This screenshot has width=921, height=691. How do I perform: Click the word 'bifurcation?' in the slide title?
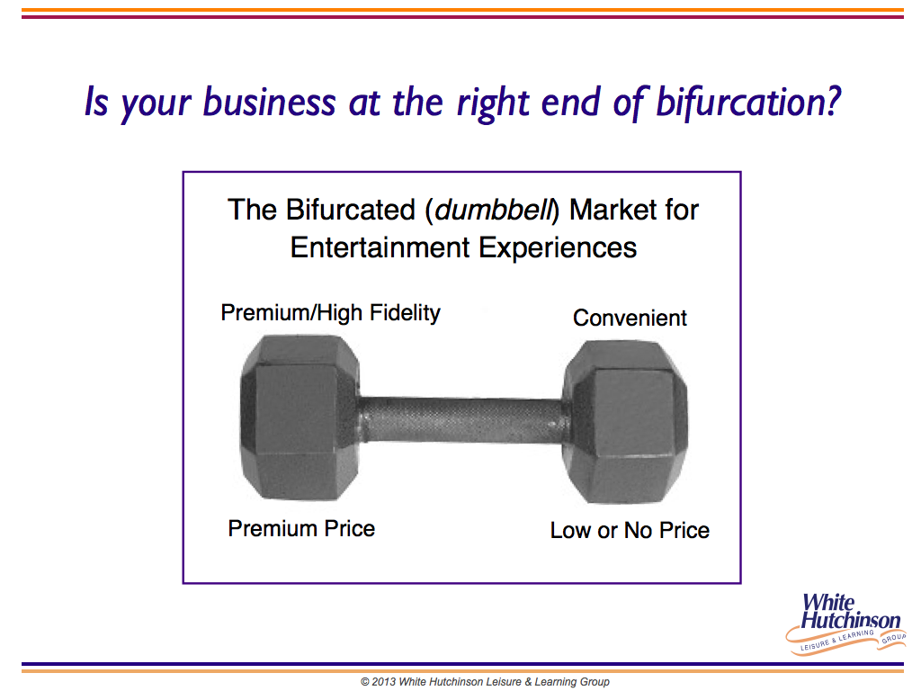pyautogui.click(x=748, y=103)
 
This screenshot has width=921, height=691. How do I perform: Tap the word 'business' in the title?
pyautogui.click(x=270, y=102)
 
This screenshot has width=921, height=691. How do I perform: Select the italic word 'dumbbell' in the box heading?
pyautogui.click(x=494, y=210)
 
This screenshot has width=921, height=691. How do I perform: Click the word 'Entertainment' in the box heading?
pyautogui.click(x=380, y=247)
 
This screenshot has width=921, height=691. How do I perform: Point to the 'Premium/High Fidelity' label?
pyautogui.click(x=331, y=313)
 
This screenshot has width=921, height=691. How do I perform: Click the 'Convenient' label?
pyautogui.click(x=630, y=318)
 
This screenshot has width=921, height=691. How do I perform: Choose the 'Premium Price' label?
pyautogui.click(x=301, y=528)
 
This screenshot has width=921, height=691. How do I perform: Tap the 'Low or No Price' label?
pyautogui.click(x=630, y=530)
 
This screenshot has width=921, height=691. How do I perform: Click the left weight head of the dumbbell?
pyautogui.click(x=300, y=417)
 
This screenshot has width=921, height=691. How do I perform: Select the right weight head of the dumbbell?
pyautogui.click(x=625, y=421)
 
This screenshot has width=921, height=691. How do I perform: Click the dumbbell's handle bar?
pyautogui.click(x=461, y=419)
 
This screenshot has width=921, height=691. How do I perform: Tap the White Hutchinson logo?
pyautogui.click(x=845, y=624)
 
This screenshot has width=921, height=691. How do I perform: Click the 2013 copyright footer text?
pyautogui.click(x=485, y=682)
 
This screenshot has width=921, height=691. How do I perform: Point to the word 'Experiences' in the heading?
pyautogui.click(x=558, y=247)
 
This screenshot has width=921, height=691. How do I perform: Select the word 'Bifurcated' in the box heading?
pyautogui.click(x=351, y=210)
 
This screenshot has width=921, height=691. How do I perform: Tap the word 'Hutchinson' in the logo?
pyautogui.click(x=851, y=620)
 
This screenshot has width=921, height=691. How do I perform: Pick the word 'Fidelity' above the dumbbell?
pyautogui.click(x=405, y=313)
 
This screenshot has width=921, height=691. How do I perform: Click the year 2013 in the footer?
pyautogui.click(x=383, y=682)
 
